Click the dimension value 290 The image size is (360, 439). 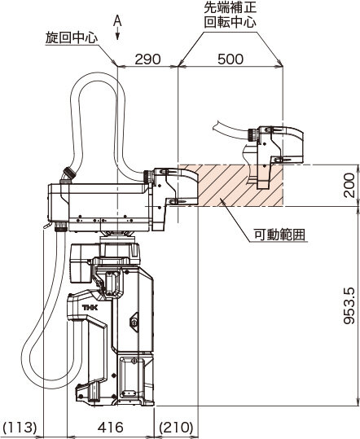147,59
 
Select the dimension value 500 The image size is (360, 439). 230,59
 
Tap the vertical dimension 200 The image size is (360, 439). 349,185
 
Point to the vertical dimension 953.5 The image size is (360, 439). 349,305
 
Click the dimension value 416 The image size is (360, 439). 111,427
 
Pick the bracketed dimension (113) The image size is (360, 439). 21,427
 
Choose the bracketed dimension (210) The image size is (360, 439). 177,427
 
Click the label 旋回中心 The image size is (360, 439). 72,37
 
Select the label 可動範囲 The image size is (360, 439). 279,235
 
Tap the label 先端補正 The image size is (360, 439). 230,8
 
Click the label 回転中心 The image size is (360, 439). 230,22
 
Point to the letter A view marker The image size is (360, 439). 117,20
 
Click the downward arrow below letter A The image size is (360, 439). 118,34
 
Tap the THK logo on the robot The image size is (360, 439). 90,308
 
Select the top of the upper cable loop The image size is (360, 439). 98,77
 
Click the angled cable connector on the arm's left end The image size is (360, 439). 68,174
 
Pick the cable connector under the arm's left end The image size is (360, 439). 60,226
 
